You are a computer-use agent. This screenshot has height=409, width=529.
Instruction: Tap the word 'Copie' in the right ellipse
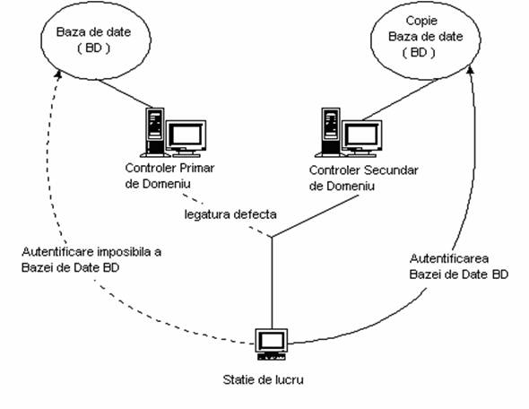click(421, 21)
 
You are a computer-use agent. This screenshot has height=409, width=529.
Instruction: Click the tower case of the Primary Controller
click(155, 132)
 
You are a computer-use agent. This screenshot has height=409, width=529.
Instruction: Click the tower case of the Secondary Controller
click(331, 132)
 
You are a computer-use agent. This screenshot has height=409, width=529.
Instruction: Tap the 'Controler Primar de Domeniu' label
click(169, 176)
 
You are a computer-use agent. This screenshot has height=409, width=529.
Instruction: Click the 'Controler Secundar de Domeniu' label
click(363, 178)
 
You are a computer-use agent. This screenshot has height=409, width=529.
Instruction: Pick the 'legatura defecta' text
click(230, 214)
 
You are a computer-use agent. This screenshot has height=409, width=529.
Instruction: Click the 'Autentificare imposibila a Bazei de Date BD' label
click(91, 259)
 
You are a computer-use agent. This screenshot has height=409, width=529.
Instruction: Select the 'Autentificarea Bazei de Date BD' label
click(459, 266)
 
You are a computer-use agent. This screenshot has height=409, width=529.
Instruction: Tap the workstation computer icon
click(272, 344)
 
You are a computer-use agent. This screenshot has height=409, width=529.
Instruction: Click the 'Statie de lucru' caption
click(263, 379)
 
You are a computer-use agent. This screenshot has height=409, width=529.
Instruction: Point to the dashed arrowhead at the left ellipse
click(58, 74)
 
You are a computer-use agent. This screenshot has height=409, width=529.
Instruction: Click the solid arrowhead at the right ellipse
click(471, 70)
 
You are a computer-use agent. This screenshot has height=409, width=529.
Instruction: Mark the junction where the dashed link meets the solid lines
click(272, 237)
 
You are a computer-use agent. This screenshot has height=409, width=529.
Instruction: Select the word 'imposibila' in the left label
click(124, 252)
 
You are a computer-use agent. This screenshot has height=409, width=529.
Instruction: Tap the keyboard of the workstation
click(272, 356)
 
